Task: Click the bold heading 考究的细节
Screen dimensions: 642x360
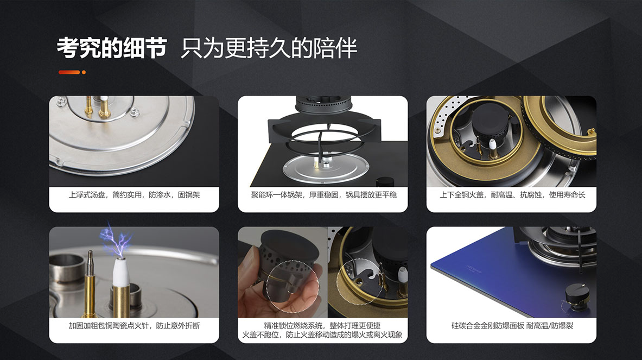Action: point(112,48)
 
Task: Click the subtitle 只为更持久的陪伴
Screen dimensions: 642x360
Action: point(269,48)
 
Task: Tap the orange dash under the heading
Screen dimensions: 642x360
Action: point(69,72)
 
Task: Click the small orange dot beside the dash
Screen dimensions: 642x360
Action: point(84,72)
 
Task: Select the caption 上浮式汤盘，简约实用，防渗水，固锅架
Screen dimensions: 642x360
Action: point(134,195)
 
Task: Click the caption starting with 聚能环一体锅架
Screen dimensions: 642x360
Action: point(323,195)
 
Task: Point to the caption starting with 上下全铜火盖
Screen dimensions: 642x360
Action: point(512,195)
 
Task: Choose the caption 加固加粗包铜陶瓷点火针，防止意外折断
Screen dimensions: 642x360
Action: point(134,326)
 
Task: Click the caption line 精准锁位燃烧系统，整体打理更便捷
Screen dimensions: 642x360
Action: point(322,326)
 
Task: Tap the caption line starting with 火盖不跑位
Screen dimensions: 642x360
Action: point(322,335)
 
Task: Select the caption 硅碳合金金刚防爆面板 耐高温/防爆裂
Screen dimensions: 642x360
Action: point(512,326)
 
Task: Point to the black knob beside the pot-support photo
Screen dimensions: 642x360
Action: point(384,182)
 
